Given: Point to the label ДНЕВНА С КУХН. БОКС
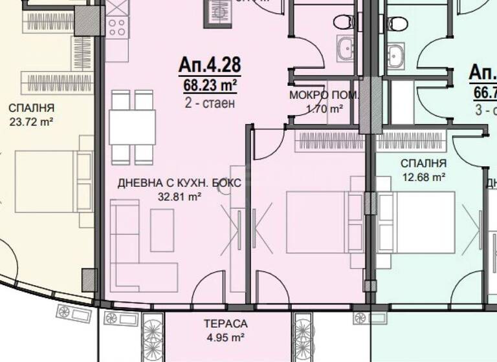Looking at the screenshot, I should click(179, 184).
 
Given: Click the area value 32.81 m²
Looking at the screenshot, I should click(179, 198).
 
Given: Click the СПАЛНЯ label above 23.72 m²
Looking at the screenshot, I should click(31, 107).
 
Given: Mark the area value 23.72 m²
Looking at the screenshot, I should click(31, 120).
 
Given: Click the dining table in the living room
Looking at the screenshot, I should click(132, 127).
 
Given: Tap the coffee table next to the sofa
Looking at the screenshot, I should click(162, 230).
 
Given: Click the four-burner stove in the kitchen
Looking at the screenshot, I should click(116, 27).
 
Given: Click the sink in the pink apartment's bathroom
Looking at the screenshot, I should click(344, 48).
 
